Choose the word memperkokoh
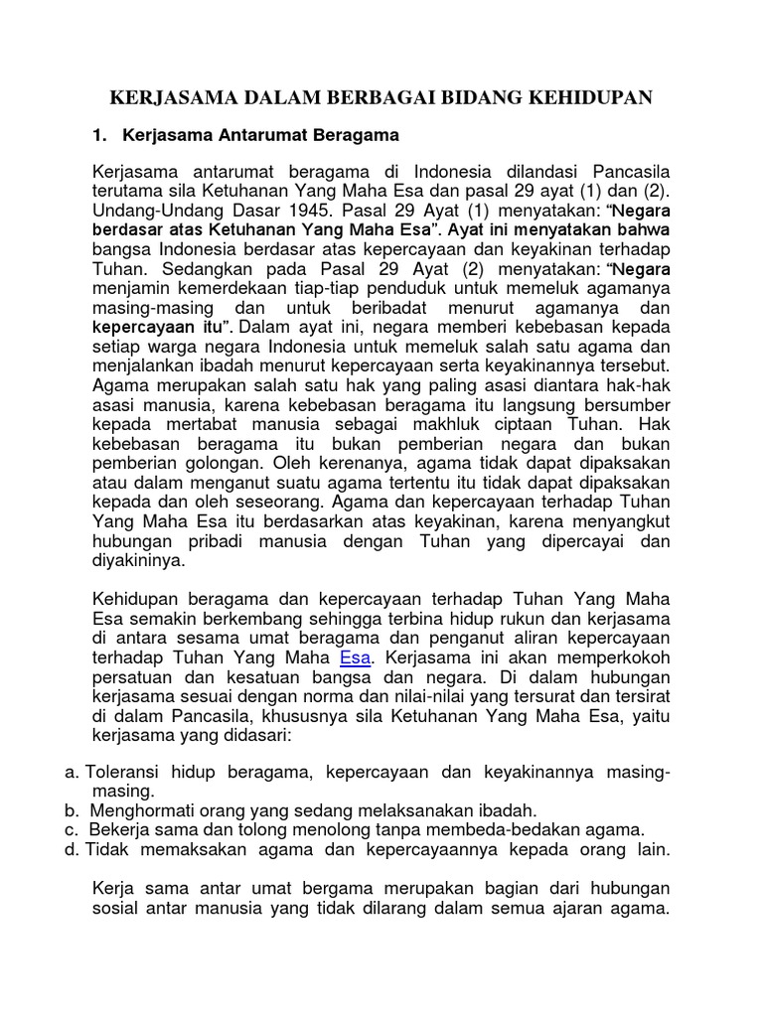pyautogui.click(x=621, y=658)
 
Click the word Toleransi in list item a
pyautogui.click(x=125, y=772)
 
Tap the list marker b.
pyautogui.click(x=70, y=810)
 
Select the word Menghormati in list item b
pyautogui.click(x=140, y=810)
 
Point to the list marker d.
pyautogui.click(x=70, y=850)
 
